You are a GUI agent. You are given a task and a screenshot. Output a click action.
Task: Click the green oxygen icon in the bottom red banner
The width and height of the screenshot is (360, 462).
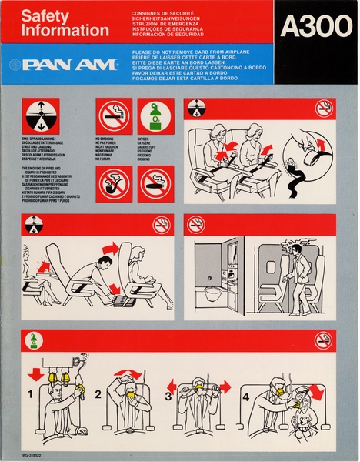(x=34, y=340)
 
